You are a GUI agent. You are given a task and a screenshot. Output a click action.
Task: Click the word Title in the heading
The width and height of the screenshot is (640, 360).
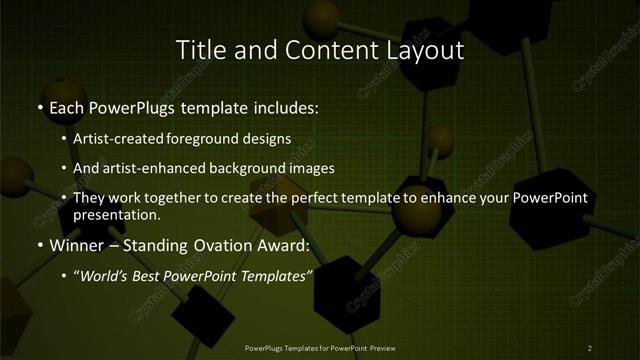click(x=198, y=49)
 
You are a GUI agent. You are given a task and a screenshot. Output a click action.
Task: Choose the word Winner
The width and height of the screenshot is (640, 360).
click(x=74, y=245)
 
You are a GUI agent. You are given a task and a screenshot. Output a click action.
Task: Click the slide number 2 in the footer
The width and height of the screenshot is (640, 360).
click(x=590, y=348)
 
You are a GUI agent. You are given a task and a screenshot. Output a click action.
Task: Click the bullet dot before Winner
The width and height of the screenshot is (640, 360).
click(x=39, y=246)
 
